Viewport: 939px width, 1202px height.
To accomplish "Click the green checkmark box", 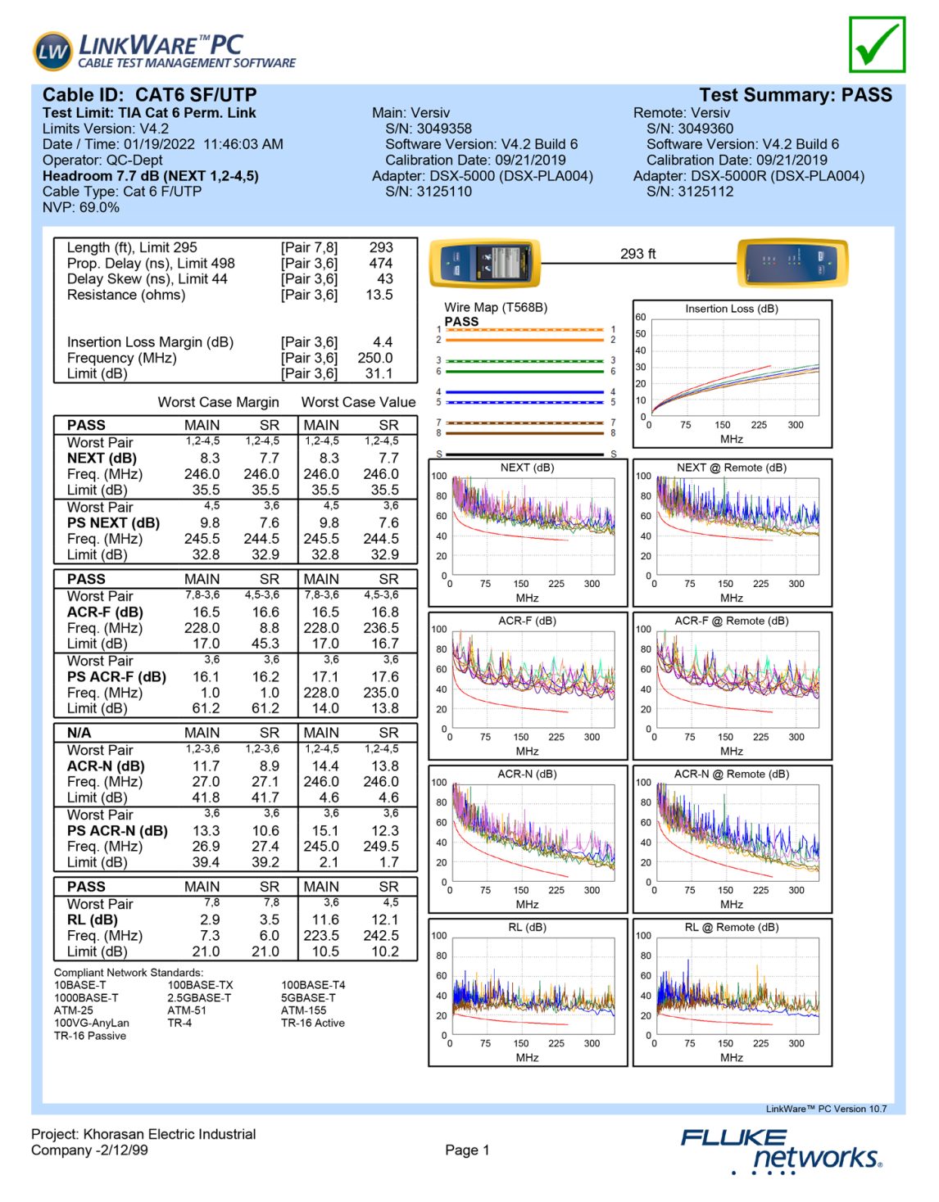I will (x=877, y=45).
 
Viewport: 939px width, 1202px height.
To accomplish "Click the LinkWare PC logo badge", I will (x=52, y=52).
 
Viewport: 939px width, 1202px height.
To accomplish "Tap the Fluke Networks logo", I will (x=781, y=1150).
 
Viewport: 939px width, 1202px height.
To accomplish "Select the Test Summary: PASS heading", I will (x=795, y=95).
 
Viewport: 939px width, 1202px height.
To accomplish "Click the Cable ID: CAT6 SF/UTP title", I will (x=149, y=95).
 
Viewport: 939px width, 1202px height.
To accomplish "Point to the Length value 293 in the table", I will (x=381, y=247).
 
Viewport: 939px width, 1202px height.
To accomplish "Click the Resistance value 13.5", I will (x=379, y=295).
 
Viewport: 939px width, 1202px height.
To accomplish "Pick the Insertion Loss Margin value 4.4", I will (x=382, y=342).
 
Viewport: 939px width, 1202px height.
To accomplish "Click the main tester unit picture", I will (x=485, y=264).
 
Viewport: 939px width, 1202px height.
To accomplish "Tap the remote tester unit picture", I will (x=792, y=262).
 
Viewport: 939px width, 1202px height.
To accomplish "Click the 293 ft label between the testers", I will (x=637, y=254).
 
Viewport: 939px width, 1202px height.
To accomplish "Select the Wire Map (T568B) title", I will (x=496, y=308).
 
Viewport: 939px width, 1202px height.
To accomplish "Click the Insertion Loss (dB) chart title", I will (x=732, y=309).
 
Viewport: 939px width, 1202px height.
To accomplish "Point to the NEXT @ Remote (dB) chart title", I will (x=731, y=468).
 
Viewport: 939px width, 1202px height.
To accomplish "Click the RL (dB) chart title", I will (x=527, y=927).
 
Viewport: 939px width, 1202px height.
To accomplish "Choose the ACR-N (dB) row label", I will (x=106, y=766).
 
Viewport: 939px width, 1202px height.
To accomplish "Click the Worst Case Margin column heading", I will (x=218, y=402).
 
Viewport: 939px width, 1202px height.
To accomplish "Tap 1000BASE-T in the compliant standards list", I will (x=86, y=998).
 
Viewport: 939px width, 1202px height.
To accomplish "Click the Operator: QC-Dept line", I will (x=102, y=160).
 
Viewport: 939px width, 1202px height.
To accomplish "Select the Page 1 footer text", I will (x=467, y=1150).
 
